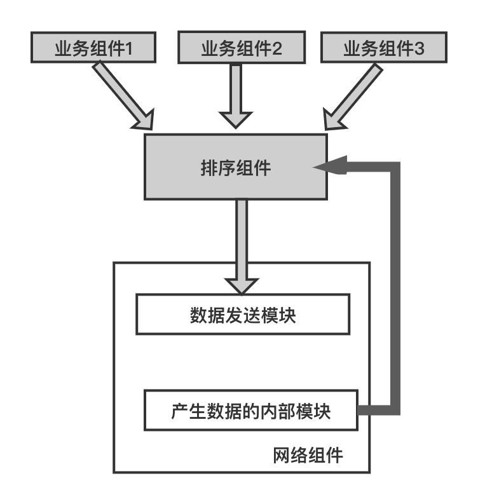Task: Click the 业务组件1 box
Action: [93, 47]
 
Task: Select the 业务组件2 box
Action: [242, 47]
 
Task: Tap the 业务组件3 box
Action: [384, 47]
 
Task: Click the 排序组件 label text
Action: [236, 167]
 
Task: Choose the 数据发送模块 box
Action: [243, 314]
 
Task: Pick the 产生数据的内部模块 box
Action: [250, 410]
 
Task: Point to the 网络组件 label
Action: [308, 455]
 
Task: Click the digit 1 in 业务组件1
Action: [128, 48]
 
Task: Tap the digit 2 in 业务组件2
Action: [277, 48]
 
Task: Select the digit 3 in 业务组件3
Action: [419, 48]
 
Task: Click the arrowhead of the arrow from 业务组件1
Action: [145, 121]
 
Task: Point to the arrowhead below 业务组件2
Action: [236, 119]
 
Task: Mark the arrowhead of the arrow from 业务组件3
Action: [333, 121]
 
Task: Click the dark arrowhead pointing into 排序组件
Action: [329, 166]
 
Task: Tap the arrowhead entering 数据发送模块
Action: [242, 286]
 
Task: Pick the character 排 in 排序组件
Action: [209, 168]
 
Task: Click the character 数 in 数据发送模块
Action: [199, 315]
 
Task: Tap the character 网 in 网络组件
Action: [282, 456]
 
